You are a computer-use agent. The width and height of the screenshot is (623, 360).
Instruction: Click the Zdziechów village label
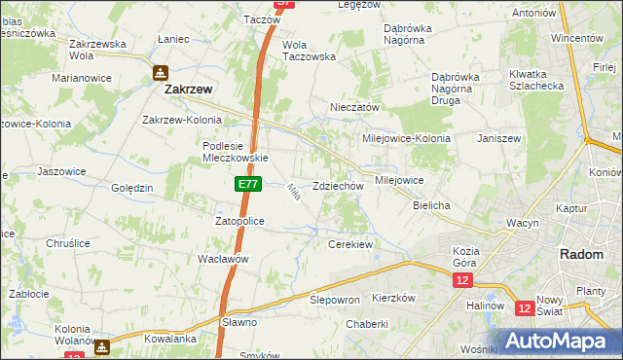(338, 186)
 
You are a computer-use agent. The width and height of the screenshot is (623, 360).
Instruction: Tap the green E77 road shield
(247, 183)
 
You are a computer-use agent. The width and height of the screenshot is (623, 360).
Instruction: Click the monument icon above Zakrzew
(161, 72)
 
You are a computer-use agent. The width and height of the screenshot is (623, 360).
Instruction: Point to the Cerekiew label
(351, 244)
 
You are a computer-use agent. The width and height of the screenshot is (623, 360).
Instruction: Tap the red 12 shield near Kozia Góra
(462, 280)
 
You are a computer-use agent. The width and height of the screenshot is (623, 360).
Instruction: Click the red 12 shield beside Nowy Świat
(525, 308)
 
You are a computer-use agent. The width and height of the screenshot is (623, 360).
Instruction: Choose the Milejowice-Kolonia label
(406, 138)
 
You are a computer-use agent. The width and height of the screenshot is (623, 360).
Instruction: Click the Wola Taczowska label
(309, 51)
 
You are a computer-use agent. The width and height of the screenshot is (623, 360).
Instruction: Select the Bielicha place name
(430, 206)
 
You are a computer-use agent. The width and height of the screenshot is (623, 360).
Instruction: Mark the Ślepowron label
(335, 300)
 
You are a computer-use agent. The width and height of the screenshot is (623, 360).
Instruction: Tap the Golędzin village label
(132, 188)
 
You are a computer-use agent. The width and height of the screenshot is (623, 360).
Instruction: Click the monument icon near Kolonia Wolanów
(101, 344)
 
